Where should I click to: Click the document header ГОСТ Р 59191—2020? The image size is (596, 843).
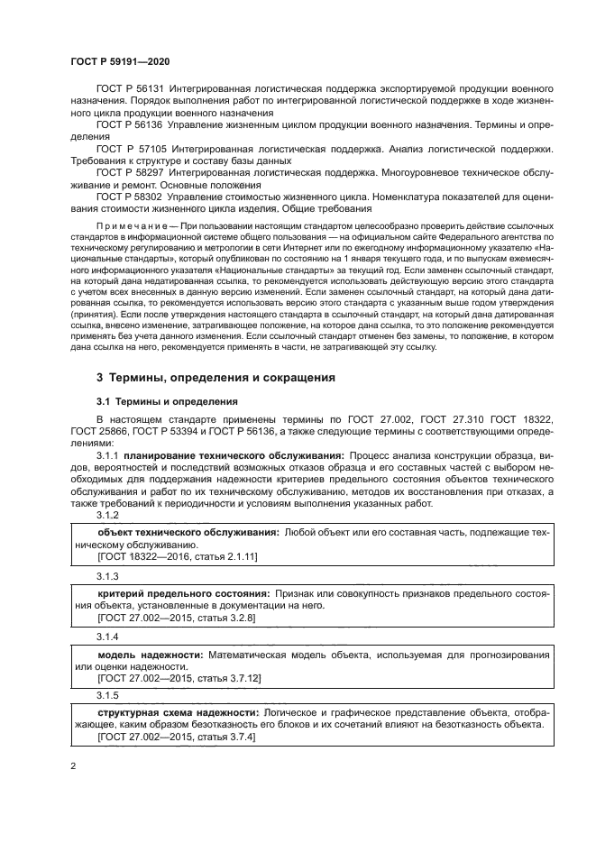point(120,60)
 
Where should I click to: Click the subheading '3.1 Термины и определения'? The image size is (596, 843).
point(167,400)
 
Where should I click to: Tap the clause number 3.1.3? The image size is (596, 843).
point(107,574)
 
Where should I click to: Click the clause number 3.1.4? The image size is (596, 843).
point(107,635)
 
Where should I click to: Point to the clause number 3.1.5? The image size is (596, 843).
point(107,695)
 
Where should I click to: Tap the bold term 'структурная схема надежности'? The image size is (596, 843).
point(176,713)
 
